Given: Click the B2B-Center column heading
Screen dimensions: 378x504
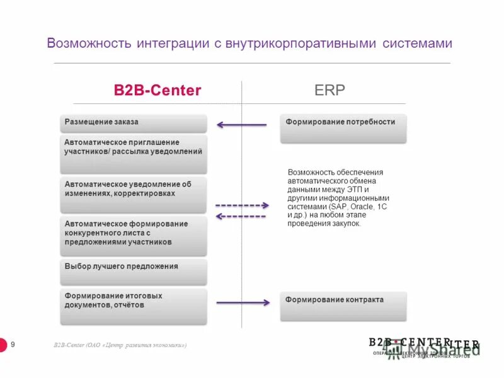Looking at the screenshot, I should [x=157, y=90].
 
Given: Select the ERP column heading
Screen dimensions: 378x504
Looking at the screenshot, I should [x=329, y=90].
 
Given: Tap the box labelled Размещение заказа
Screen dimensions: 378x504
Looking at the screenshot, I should [x=134, y=122].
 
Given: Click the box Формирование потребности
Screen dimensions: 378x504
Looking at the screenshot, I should [x=343, y=128].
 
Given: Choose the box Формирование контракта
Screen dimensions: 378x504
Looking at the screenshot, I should [x=343, y=306].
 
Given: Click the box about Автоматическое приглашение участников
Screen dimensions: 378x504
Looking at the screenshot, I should [x=134, y=154].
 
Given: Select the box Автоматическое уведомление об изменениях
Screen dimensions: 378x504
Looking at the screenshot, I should [x=134, y=195].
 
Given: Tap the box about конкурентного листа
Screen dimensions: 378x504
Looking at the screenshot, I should [x=134, y=236].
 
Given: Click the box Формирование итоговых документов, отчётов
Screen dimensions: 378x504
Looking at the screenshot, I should [x=134, y=306].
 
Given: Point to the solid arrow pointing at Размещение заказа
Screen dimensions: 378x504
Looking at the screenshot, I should [x=242, y=125].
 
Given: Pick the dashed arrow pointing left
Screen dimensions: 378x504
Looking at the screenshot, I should [x=241, y=216].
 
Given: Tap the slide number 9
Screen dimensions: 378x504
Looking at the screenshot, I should [x=13, y=344].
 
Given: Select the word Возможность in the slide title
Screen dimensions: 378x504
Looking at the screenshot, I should [x=89, y=43].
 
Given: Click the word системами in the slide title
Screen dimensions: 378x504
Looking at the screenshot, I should [x=418, y=43].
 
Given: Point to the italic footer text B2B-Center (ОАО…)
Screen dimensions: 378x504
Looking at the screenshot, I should [x=120, y=345].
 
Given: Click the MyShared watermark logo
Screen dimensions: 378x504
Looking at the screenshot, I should [x=441, y=349].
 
